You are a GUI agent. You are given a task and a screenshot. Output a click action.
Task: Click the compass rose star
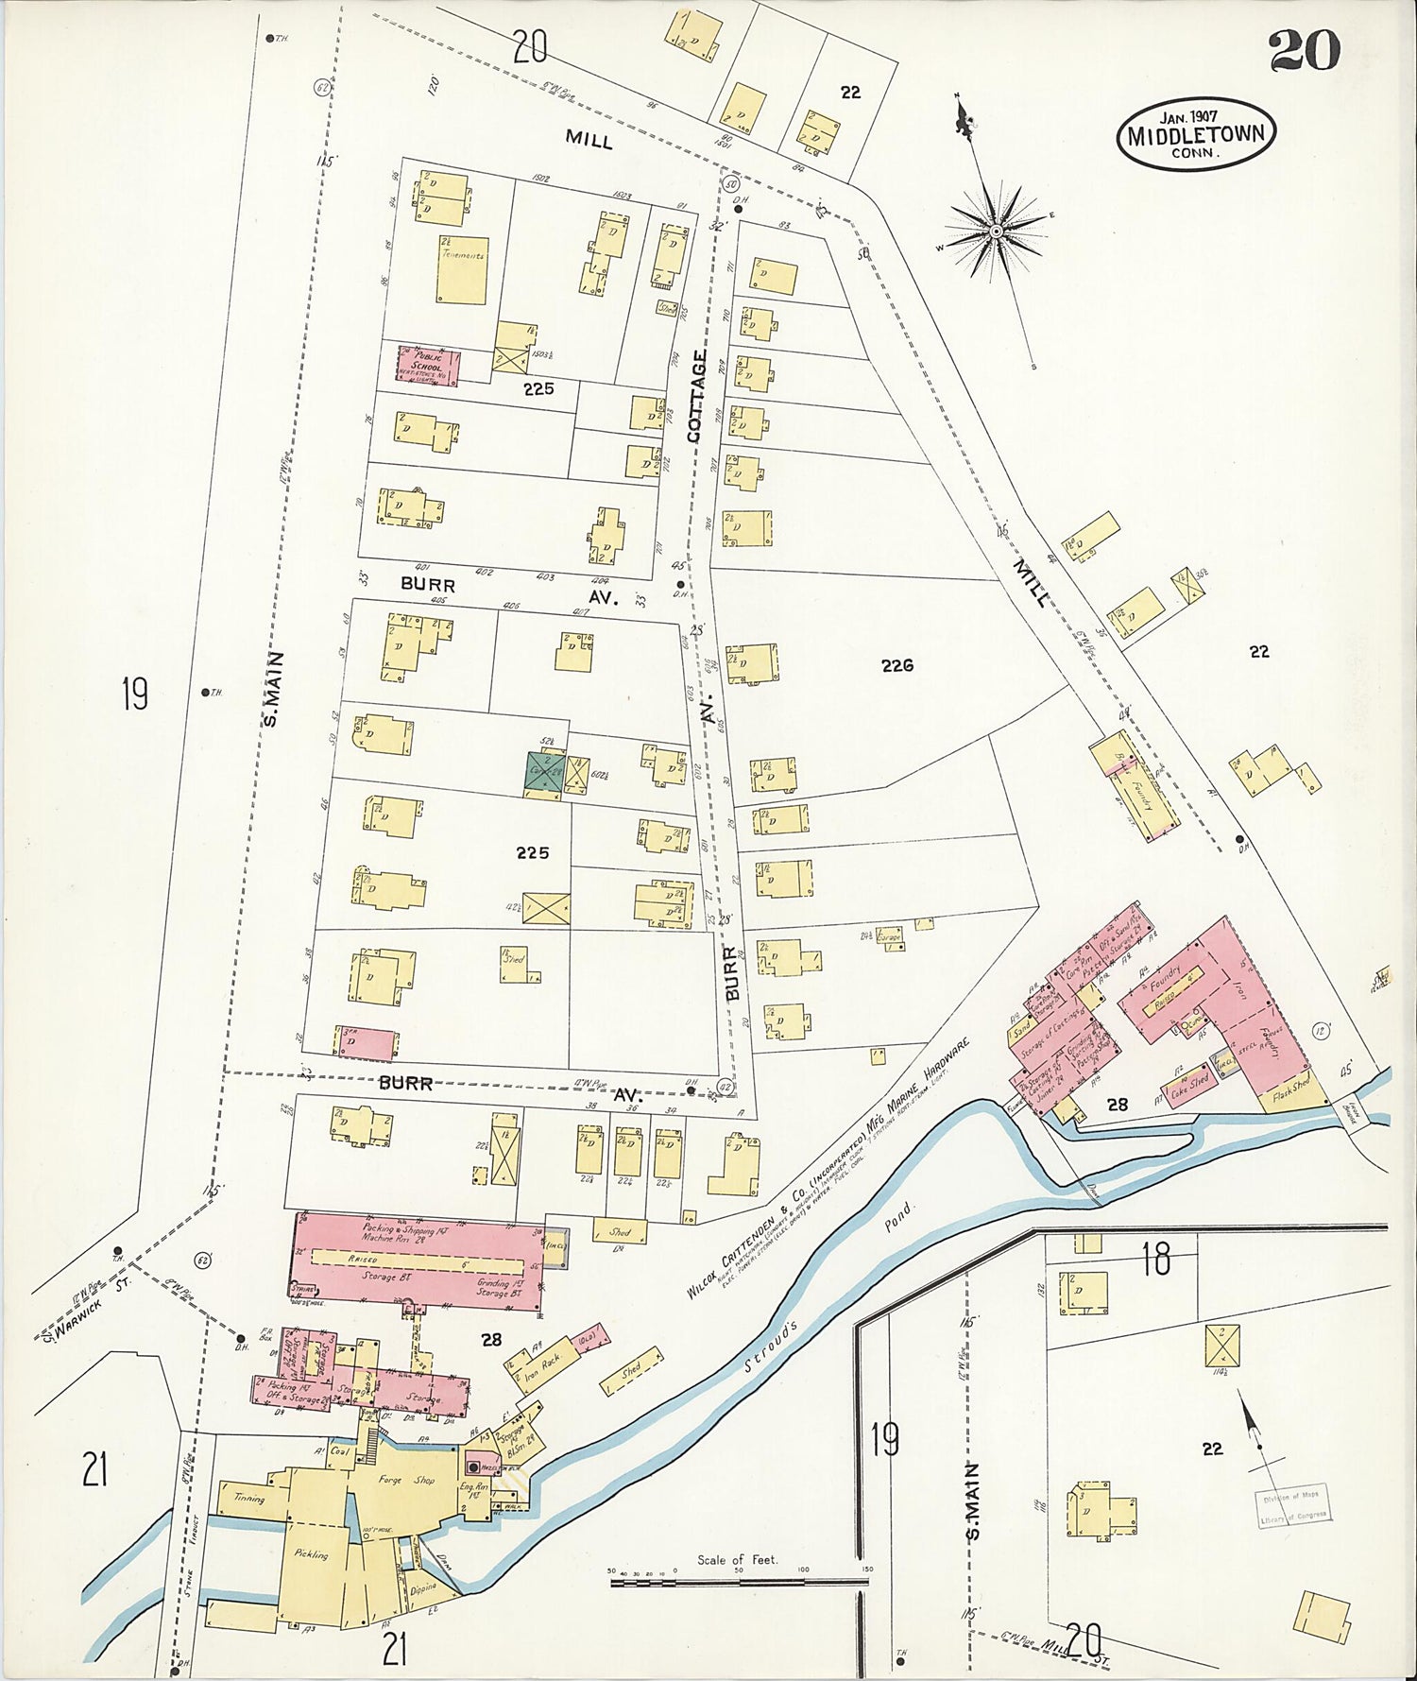click(x=996, y=230)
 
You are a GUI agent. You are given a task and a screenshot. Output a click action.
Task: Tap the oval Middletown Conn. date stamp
click(x=1195, y=134)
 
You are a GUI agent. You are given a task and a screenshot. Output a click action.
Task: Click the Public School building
click(x=428, y=366)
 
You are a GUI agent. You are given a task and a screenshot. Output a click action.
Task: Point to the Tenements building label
click(x=462, y=256)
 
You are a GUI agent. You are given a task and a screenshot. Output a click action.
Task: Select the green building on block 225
click(x=545, y=772)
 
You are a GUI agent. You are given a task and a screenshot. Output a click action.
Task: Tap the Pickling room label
click(x=310, y=1553)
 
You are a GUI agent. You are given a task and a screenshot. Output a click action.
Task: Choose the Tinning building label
click(x=249, y=1498)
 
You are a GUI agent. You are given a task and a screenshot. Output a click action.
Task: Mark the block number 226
click(x=896, y=665)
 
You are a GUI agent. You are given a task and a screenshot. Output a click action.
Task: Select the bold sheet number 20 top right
click(x=1304, y=51)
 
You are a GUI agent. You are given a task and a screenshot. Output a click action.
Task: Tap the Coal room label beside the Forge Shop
click(x=340, y=1451)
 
